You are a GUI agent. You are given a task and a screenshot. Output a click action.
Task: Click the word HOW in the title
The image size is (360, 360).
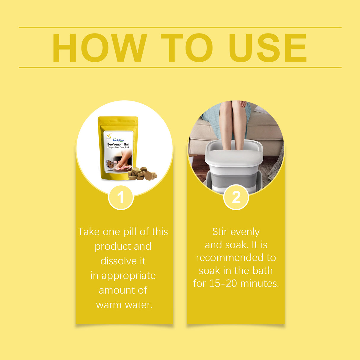click(x=99, y=48)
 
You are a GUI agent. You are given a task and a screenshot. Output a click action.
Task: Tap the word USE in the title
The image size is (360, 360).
click(x=267, y=48)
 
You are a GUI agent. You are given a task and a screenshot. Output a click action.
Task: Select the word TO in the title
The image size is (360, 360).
click(x=187, y=48)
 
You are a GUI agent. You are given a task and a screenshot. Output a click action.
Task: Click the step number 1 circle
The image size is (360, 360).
click(x=121, y=197)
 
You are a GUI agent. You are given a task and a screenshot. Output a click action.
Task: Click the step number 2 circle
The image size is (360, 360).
click(x=236, y=197)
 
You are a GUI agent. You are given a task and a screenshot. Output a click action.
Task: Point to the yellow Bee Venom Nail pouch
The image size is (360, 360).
click(x=118, y=148)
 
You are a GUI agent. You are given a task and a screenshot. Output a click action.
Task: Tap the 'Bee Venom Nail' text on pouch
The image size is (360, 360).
click(x=118, y=144)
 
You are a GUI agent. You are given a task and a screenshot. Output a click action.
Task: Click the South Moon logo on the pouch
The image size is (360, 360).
click(x=119, y=140)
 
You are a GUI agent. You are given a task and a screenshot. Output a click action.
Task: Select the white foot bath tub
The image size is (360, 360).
click(x=233, y=166)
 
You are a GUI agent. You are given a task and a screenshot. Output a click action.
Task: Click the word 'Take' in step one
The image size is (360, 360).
click(x=89, y=232)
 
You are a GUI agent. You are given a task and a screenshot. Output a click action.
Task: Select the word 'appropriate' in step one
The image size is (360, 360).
click(x=128, y=276)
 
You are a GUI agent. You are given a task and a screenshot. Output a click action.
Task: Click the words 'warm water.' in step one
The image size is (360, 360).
click(x=124, y=305)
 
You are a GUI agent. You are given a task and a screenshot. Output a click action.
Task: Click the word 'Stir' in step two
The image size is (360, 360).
click(x=219, y=232)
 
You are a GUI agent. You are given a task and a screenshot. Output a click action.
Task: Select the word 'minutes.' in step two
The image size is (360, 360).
click(x=259, y=283)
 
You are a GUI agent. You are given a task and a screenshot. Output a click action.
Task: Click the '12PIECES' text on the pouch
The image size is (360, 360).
click(x=110, y=171)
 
